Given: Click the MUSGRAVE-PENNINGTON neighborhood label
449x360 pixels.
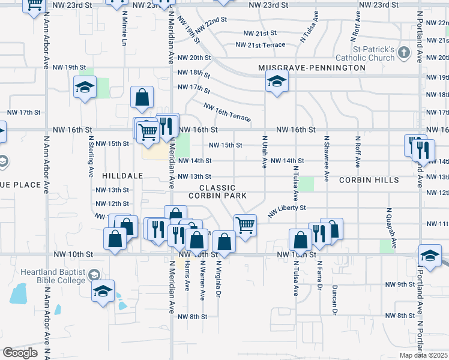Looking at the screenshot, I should [312, 68].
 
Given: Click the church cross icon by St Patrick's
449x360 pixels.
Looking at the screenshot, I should [404, 53].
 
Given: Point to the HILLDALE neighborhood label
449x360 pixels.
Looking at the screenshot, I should [122, 176].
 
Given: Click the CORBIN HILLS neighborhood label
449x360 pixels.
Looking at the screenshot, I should [369, 180].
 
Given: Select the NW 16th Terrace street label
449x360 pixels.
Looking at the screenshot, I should [227, 112].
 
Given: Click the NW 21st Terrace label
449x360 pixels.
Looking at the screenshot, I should [260, 45].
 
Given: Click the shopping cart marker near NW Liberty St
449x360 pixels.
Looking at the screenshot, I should [245, 226].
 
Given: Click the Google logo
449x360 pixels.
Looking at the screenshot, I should [19, 353].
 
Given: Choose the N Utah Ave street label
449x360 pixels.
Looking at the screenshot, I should [264, 152].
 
